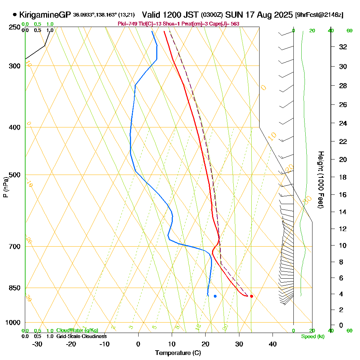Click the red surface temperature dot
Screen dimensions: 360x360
(x=251, y=296)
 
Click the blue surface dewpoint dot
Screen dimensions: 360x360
(x=215, y=296)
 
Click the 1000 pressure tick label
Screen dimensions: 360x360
(x=13, y=323)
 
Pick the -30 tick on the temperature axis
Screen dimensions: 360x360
(x=37, y=344)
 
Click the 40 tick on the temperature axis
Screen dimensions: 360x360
(x=273, y=344)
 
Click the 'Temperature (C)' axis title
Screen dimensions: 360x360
(x=178, y=353)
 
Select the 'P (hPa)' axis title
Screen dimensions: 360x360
(x=6, y=187)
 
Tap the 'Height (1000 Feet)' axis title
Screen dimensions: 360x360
(x=320, y=180)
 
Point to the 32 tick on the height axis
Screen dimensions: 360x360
(x=343, y=47)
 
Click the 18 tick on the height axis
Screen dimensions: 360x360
(x=343, y=177)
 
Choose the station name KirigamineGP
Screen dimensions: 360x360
(x=45, y=15)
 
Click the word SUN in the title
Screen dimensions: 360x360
(x=235, y=15)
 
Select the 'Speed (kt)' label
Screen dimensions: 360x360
(x=312, y=336)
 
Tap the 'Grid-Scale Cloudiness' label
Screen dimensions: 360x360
(x=81, y=336)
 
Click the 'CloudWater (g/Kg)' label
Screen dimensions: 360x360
(x=77, y=330)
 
